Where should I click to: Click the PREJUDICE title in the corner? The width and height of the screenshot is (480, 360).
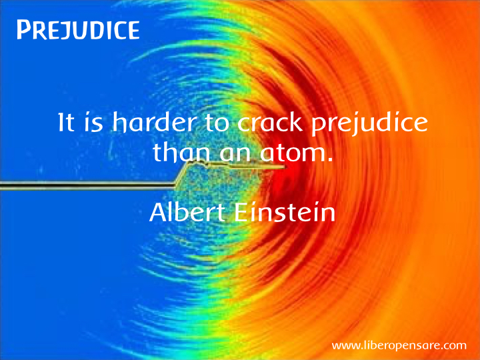(x=78, y=30)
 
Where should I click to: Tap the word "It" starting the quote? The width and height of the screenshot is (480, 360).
(x=66, y=122)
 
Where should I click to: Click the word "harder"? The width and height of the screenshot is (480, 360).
(x=153, y=122)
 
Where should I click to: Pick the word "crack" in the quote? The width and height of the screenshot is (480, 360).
(x=270, y=122)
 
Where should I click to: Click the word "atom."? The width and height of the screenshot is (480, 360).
(x=296, y=152)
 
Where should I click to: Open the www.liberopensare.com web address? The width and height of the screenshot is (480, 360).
(x=399, y=346)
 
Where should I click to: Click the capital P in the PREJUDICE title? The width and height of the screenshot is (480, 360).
(x=24, y=30)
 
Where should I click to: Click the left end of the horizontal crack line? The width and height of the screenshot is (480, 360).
(x=1, y=185)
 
